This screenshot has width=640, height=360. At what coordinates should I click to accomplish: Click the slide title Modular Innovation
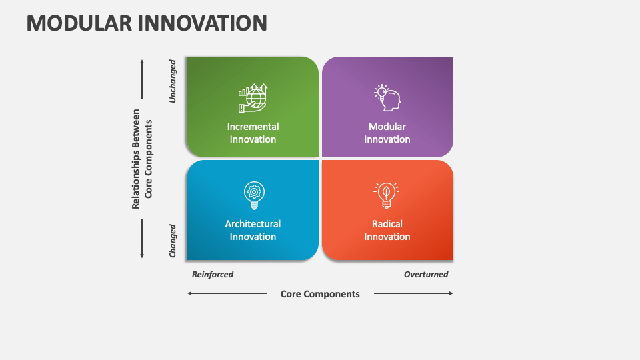(x=147, y=23)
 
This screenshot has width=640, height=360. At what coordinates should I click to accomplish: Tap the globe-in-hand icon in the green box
(x=253, y=98)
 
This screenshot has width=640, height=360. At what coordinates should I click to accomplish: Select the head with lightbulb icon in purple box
(x=387, y=97)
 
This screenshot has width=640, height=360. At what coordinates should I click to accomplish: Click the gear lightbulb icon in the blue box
(x=253, y=194)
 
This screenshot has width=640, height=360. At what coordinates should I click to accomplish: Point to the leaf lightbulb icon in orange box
(x=386, y=195)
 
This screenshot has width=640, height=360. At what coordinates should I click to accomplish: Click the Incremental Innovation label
(x=253, y=133)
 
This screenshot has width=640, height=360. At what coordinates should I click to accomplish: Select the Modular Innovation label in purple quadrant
(x=387, y=133)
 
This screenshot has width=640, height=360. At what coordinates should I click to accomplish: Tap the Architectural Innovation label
(x=253, y=230)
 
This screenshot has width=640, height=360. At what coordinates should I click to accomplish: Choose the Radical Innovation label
(x=387, y=230)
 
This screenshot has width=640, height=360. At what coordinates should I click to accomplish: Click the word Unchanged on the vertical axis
(x=173, y=81)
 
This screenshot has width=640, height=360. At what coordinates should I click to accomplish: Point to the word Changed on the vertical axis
(x=173, y=241)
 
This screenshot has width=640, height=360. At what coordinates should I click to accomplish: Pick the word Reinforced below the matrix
(x=213, y=274)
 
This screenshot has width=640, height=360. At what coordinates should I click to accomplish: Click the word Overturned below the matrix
(x=426, y=274)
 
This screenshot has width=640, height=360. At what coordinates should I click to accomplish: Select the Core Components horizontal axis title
(x=320, y=294)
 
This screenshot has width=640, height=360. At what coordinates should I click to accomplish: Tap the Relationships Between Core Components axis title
(x=142, y=159)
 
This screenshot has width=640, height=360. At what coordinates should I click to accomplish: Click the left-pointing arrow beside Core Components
(x=227, y=293)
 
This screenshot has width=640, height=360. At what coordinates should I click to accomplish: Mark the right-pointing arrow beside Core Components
(x=413, y=293)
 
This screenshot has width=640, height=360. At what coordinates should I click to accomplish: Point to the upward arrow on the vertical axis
(x=142, y=80)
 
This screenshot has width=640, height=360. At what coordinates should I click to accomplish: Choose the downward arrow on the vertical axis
(x=142, y=238)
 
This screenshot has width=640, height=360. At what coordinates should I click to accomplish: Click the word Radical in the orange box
(x=387, y=224)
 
